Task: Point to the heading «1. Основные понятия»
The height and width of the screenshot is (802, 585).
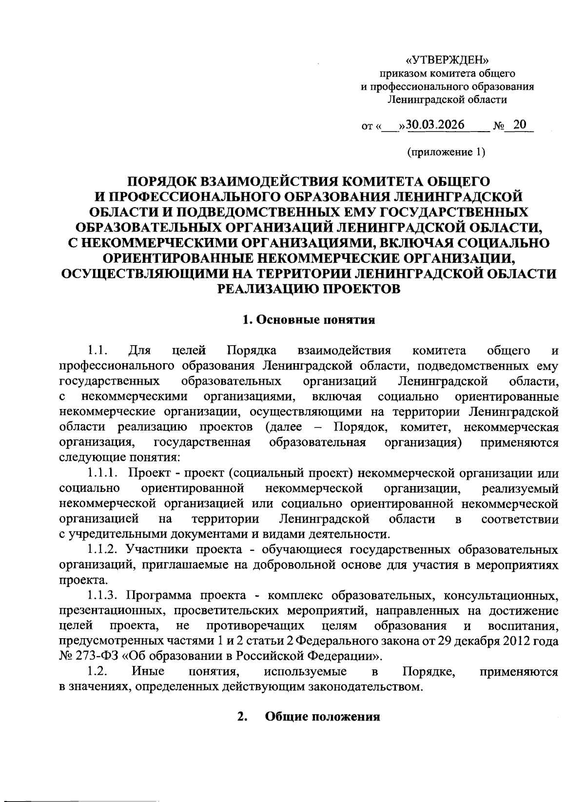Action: (x=309, y=319)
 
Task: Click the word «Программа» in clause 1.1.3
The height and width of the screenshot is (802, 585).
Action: (x=160, y=595)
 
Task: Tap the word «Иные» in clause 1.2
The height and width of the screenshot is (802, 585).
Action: (x=148, y=671)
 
